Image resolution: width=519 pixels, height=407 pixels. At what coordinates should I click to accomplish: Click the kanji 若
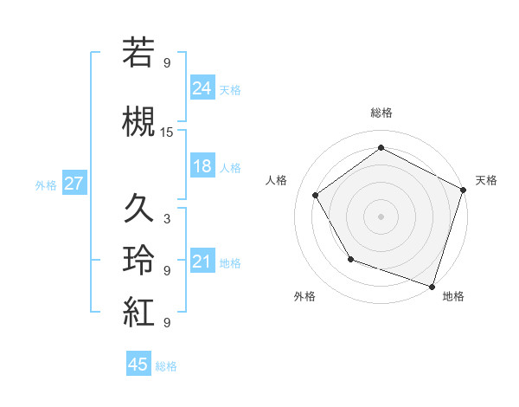(138, 53)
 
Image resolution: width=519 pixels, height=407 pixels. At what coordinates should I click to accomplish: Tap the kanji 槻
(138, 122)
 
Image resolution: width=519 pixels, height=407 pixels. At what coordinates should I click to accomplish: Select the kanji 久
(138, 209)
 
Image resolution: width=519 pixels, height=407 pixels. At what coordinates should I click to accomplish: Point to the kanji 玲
(138, 261)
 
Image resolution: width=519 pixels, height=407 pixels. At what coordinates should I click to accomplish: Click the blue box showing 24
(202, 87)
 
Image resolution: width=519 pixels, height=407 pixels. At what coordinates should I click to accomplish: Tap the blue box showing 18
(202, 166)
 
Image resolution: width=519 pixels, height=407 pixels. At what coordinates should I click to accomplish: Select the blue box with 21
(202, 262)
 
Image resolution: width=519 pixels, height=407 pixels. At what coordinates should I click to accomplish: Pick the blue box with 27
(74, 184)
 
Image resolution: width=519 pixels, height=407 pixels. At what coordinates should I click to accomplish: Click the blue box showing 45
(138, 365)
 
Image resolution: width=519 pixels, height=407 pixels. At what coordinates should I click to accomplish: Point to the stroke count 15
(167, 132)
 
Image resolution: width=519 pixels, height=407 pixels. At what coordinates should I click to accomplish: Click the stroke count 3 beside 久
(167, 219)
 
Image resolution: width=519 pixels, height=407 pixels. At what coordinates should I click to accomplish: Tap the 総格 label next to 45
(166, 366)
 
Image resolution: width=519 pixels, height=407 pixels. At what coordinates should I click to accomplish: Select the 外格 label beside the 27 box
(46, 184)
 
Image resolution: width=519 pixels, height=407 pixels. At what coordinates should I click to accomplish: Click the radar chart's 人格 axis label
(277, 180)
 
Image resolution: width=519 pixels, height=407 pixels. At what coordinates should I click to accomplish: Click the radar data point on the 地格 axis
(432, 285)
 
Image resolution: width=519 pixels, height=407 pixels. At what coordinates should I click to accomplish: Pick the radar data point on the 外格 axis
(350, 258)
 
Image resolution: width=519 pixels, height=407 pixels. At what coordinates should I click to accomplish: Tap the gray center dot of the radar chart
(381, 216)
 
